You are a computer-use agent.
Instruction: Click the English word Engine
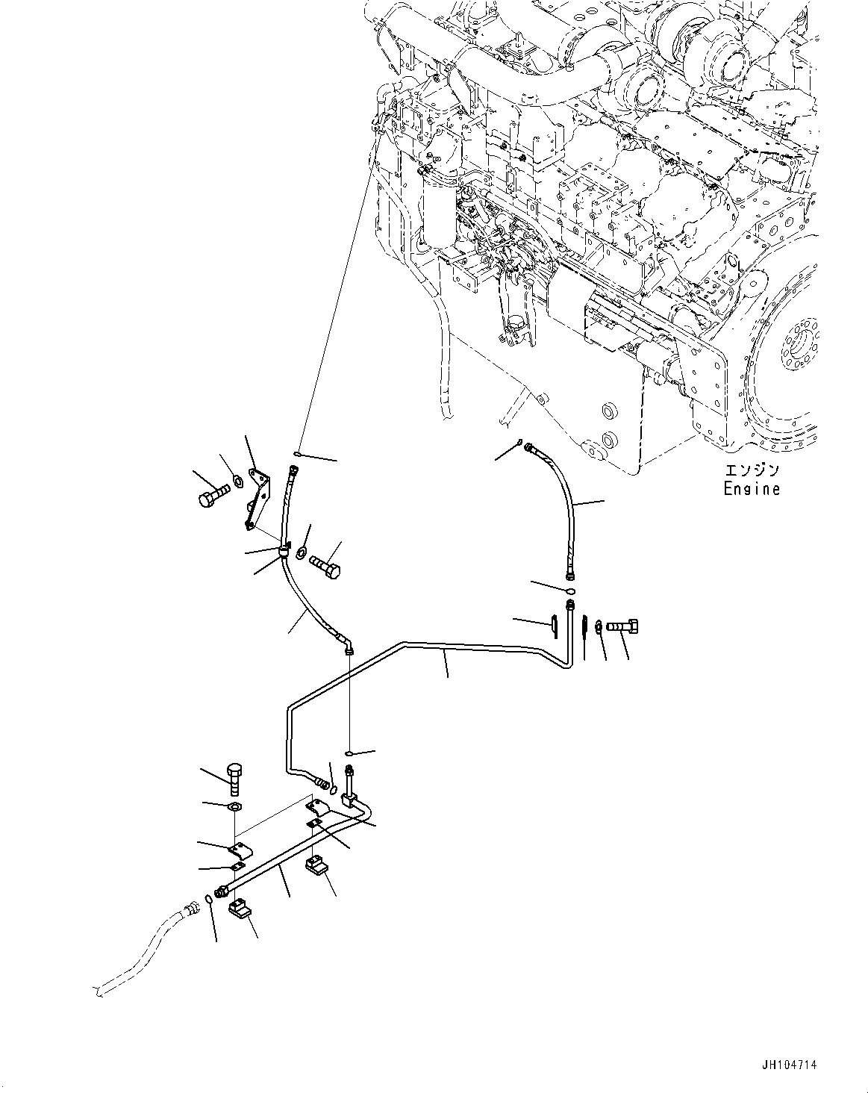coord(752,489)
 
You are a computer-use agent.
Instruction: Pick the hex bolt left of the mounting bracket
coord(210,496)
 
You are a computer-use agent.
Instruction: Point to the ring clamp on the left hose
coord(284,552)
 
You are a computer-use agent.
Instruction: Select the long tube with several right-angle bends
coord(448,650)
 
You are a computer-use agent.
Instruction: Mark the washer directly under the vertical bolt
coord(234,808)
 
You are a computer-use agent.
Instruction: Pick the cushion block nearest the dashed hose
coord(240,909)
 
